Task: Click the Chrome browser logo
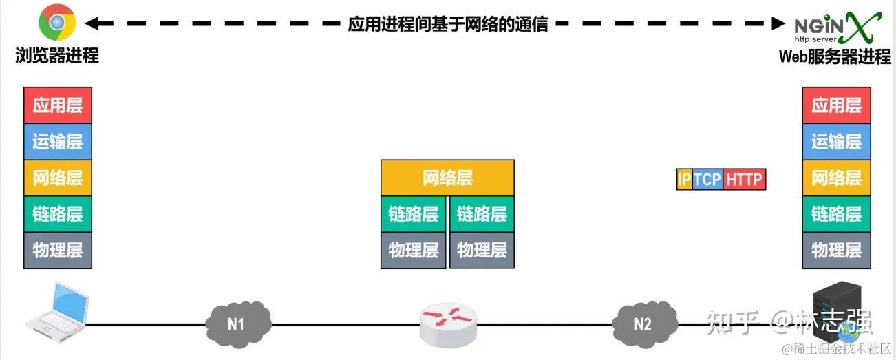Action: [56, 23]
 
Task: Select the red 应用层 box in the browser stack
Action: [58, 105]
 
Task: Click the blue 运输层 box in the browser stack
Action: [58, 142]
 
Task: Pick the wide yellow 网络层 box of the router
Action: [447, 178]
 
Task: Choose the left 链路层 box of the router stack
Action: [414, 214]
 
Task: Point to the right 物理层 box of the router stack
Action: [482, 250]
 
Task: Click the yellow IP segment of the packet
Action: [685, 180]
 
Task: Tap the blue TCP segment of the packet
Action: [707, 180]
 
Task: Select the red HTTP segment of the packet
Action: [745, 180]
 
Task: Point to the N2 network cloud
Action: [643, 324]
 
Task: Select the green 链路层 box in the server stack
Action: [836, 214]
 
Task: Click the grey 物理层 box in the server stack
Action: [836, 250]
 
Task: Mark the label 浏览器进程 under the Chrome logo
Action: [57, 56]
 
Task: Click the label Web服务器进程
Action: [835, 57]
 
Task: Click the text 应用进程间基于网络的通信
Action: [448, 24]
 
